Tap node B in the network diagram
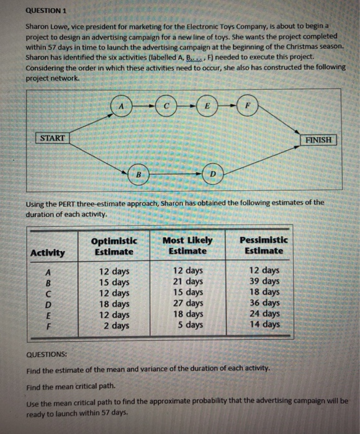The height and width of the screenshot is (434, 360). pyautogui.click(x=138, y=176)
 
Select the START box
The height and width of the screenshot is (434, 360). pyautogui.click(x=52, y=138)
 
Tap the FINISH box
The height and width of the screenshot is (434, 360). pyautogui.click(x=318, y=139)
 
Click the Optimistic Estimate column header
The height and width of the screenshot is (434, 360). pyautogui.click(x=114, y=246)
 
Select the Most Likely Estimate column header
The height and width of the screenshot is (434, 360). pyautogui.click(x=187, y=245)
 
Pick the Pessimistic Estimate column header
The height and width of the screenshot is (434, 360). pyautogui.click(x=263, y=245)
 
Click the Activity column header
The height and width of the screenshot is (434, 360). pyautogui.click(x=47, y=252)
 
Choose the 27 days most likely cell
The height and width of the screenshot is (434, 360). pyautogui.click(x=187, y=303)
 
